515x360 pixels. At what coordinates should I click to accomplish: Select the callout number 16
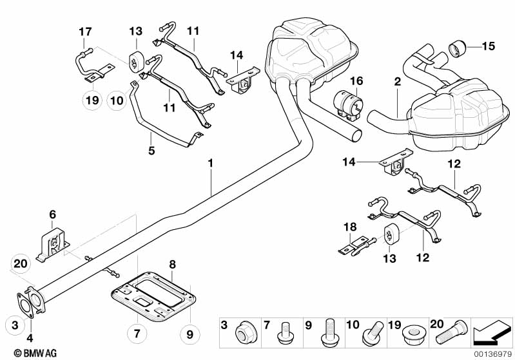click(x=356, y=81)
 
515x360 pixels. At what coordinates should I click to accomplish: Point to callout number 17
click(x=86, y=31)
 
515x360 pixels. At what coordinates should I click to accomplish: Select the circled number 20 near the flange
click(x=21, y=263)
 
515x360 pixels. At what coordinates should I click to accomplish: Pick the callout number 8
click(x=173, y=264)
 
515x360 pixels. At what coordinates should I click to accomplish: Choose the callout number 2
click(x=398, y=82)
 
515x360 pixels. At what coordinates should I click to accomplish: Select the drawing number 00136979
click(x=492, y=354)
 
